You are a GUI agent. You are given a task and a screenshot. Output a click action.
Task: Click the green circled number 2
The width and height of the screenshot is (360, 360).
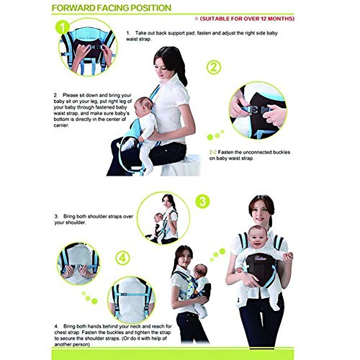pos(213,69)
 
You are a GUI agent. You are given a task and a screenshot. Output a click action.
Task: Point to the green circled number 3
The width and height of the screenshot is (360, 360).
pos(204,201)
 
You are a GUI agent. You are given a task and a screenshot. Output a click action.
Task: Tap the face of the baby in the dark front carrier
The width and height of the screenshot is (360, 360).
pos(258,235)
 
